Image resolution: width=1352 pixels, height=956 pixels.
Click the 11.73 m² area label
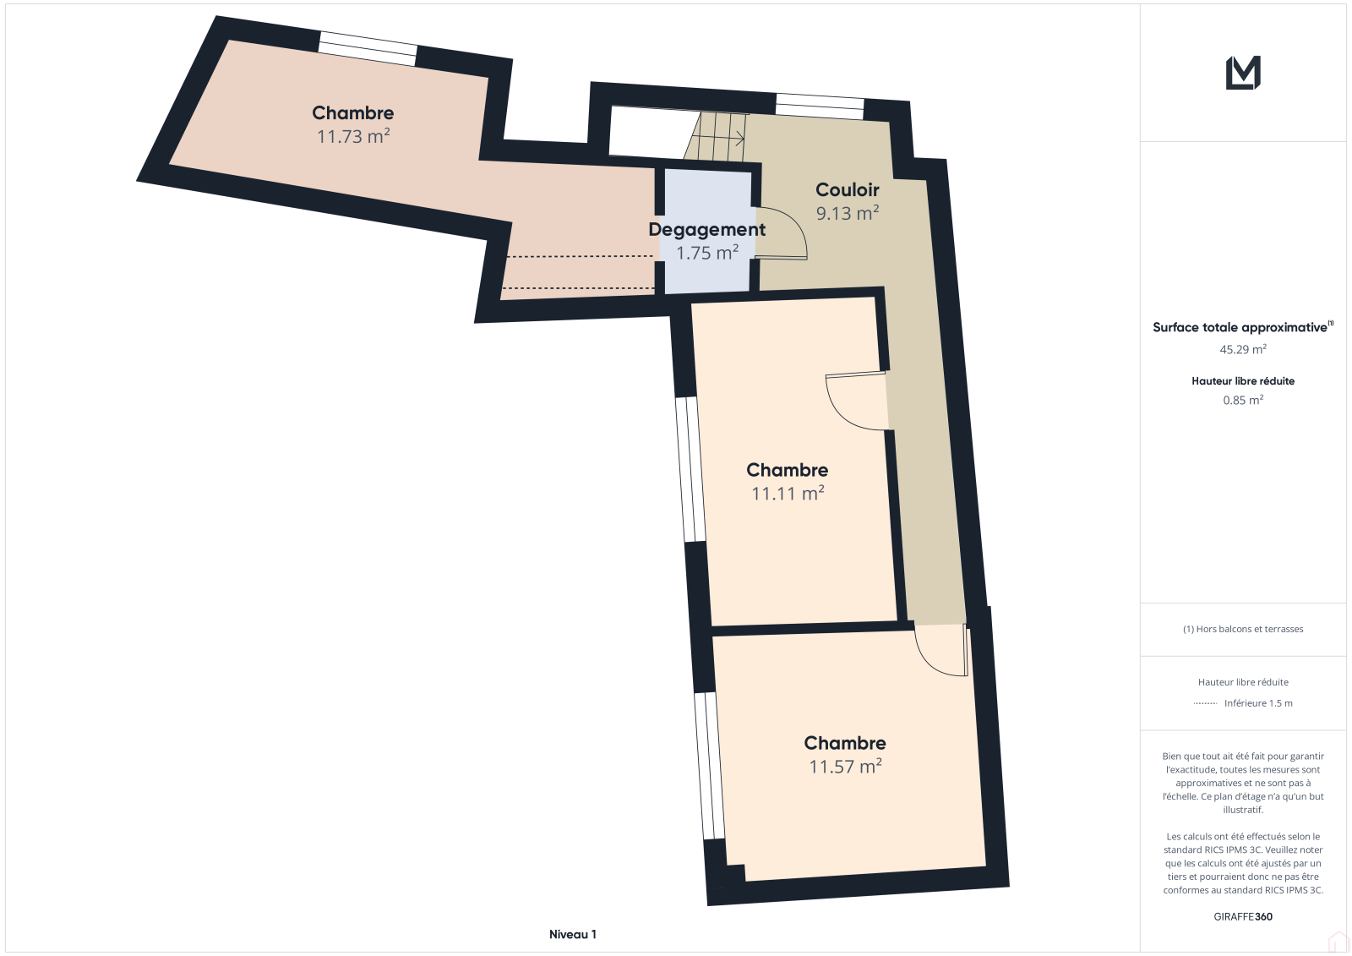pos(353,136)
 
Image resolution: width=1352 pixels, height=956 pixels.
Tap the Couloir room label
pos(847,189)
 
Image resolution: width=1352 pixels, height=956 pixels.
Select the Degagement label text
pos(706,229)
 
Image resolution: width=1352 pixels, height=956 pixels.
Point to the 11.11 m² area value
pos(788,494)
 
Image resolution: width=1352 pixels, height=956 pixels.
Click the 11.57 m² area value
pos(845,767)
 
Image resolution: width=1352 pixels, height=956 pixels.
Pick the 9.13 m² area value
pos(848,212)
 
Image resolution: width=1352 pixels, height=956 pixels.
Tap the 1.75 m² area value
pos(707,253)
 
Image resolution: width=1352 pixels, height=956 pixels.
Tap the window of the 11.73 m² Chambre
pos(368,48)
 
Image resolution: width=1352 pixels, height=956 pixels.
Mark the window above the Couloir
pos(820,107)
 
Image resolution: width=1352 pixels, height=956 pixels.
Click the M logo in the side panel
pos(1243,73)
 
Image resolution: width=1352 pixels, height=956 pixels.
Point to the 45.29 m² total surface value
pos(1243,349)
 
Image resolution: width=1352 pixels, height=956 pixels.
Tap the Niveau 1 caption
pos(572,934)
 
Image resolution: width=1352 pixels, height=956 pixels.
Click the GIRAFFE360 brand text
pos(1243,916)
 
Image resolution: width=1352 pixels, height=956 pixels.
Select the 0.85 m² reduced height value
pos(1243,400)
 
